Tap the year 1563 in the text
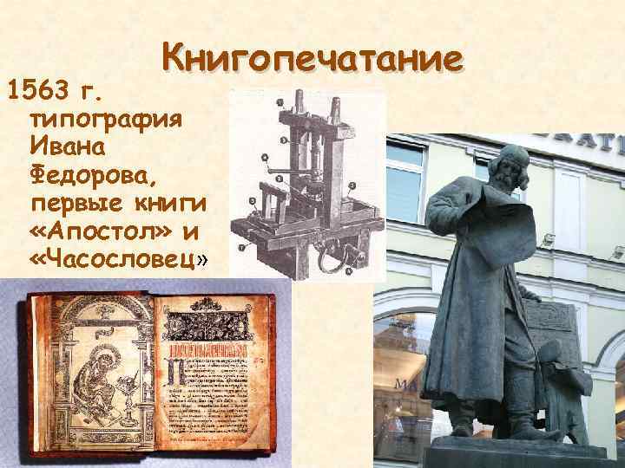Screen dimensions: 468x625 [x=44, y=87]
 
